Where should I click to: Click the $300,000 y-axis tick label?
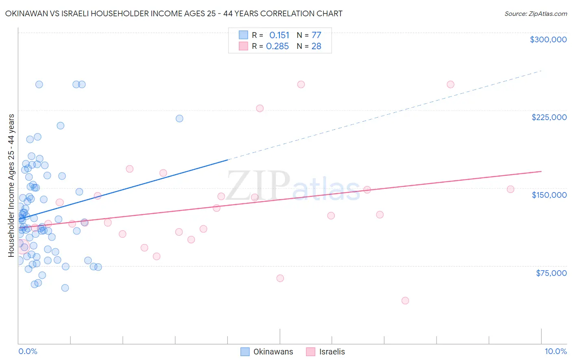coord(548,39)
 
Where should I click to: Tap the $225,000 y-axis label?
coord(549,117)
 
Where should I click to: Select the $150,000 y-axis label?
coord(549,195)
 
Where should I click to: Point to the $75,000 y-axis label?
coord(551,273)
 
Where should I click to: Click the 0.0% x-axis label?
coord(28,351)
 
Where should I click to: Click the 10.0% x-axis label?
coord(555,351)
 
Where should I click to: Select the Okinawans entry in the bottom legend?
coord(267,352)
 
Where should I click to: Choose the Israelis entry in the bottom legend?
coord(325,352)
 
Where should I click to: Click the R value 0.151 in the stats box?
coord(279,35)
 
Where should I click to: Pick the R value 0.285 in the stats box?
coord(277,46)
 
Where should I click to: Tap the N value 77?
coord(316,35)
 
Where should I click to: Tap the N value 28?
coord(316,46)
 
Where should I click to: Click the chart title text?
coord(174,13)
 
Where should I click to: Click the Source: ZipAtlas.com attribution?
coord(535,13)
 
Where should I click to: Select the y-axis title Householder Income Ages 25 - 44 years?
coord(11,186)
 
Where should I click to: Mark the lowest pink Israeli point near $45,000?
coord(405,301)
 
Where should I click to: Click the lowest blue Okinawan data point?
coord(65,288)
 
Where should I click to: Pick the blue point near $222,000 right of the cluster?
coord(179,118)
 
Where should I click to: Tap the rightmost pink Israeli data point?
coord(510,189)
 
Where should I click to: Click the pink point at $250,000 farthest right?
coord(450,85)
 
